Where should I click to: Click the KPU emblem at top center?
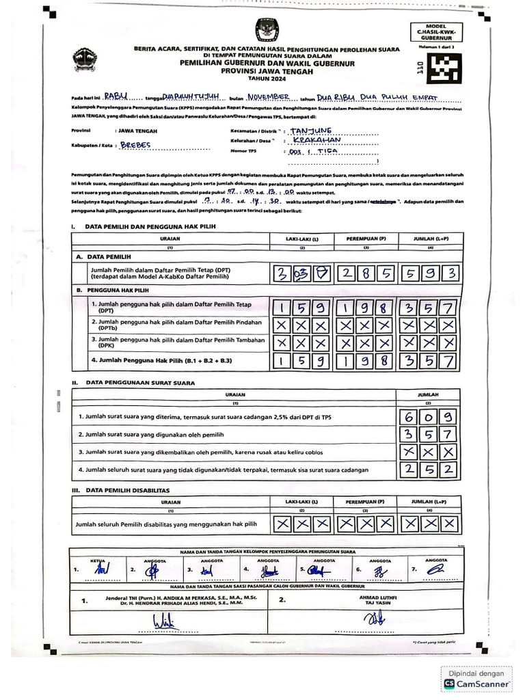(263, 29)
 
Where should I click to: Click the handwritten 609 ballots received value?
(429, 416)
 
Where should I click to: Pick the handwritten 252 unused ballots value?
(429, 470)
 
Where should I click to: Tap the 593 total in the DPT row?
(429, 273)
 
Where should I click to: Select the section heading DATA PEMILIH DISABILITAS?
(126, 490)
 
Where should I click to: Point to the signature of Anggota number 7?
(435, 567)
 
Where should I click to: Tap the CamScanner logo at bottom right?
(477, 683)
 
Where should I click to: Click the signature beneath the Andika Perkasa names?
(163, 623)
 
